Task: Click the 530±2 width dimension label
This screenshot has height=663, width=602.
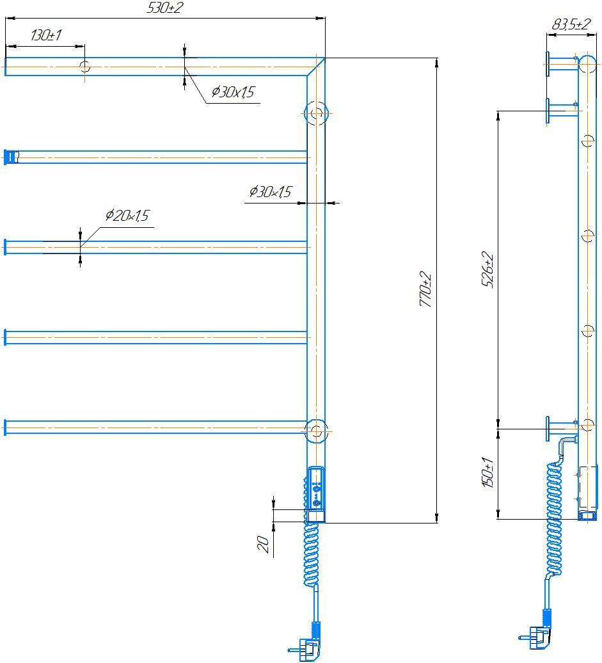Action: tap(165, 8)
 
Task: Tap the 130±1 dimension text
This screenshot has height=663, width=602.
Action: tap(45, 35)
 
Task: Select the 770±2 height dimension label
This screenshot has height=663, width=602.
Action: tap(426, 290)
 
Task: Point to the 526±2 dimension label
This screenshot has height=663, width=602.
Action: tap(488, 270)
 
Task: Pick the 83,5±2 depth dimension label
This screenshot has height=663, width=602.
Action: tap(571, 25)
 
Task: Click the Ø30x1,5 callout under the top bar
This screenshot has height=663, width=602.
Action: tap(232, 93)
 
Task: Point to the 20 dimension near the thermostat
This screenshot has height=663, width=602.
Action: tap(263, 544)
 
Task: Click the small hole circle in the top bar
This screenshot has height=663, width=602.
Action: tap(85, 65)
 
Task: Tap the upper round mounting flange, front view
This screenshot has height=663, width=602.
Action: tap(316, 114)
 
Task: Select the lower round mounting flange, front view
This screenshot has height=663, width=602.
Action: tap(315, 431)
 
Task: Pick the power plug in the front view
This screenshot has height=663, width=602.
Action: tap(310, 648)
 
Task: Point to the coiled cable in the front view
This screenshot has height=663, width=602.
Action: tap(311, 554)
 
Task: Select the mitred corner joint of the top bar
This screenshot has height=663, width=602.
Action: tap(315, 67)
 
